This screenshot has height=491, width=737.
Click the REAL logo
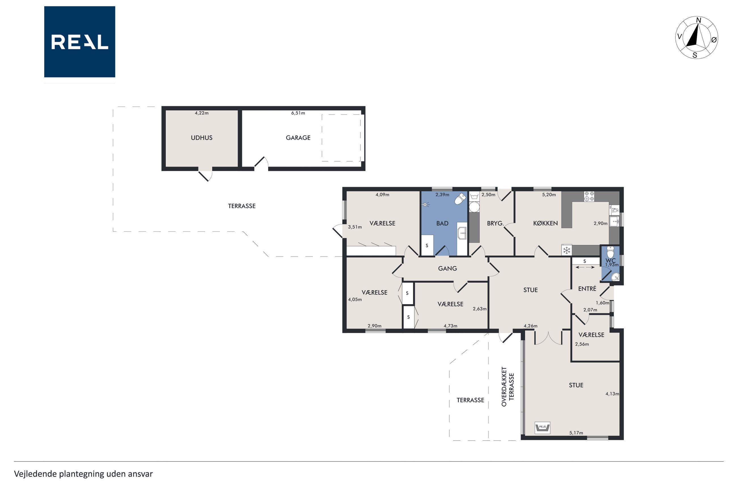coord(80,42)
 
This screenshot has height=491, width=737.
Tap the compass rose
coord(696,38)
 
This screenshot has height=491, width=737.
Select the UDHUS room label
coord(202,138)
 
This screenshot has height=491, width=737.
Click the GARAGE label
coord(298,138)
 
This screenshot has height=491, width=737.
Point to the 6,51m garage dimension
coord(298,113)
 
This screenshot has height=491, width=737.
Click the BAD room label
coord(442,223)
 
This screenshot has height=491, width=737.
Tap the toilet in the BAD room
coord(460,199)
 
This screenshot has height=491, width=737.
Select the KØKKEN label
coord(545,223)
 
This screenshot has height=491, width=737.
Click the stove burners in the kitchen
coord(589,196)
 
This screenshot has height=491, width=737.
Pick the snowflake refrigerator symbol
coord(566,250)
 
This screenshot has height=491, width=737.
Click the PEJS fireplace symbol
coord(542,427)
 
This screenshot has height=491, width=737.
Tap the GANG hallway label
coord(447,268)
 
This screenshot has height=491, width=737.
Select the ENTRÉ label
coord(587,288)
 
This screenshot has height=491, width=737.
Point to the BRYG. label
coord(495,224)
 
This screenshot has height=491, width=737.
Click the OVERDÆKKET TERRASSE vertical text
coord(508,387)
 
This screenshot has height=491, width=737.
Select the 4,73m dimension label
coord(450,326)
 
